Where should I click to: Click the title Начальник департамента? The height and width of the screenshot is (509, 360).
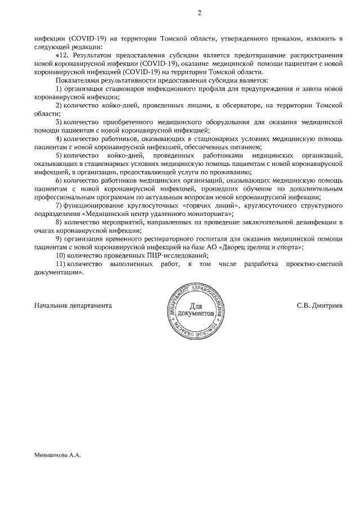point(73,305)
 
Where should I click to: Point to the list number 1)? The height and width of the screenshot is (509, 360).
point(59,89)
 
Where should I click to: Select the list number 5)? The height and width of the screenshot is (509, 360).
point(60,155)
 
